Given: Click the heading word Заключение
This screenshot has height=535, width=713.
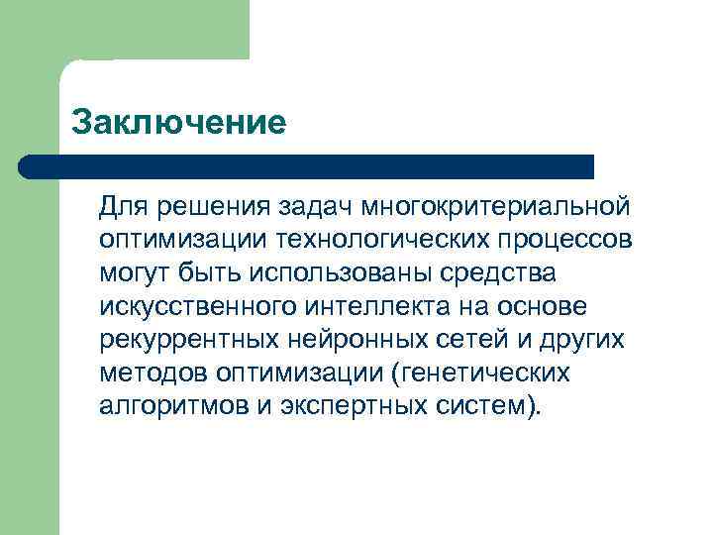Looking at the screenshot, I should pyautogui.click(x=179, y=124).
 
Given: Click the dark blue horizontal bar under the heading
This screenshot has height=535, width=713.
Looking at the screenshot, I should pyautogui.click(x=307, y=166).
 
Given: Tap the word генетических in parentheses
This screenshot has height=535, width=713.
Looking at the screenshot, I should pyautogui.click(x=486, y=372).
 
